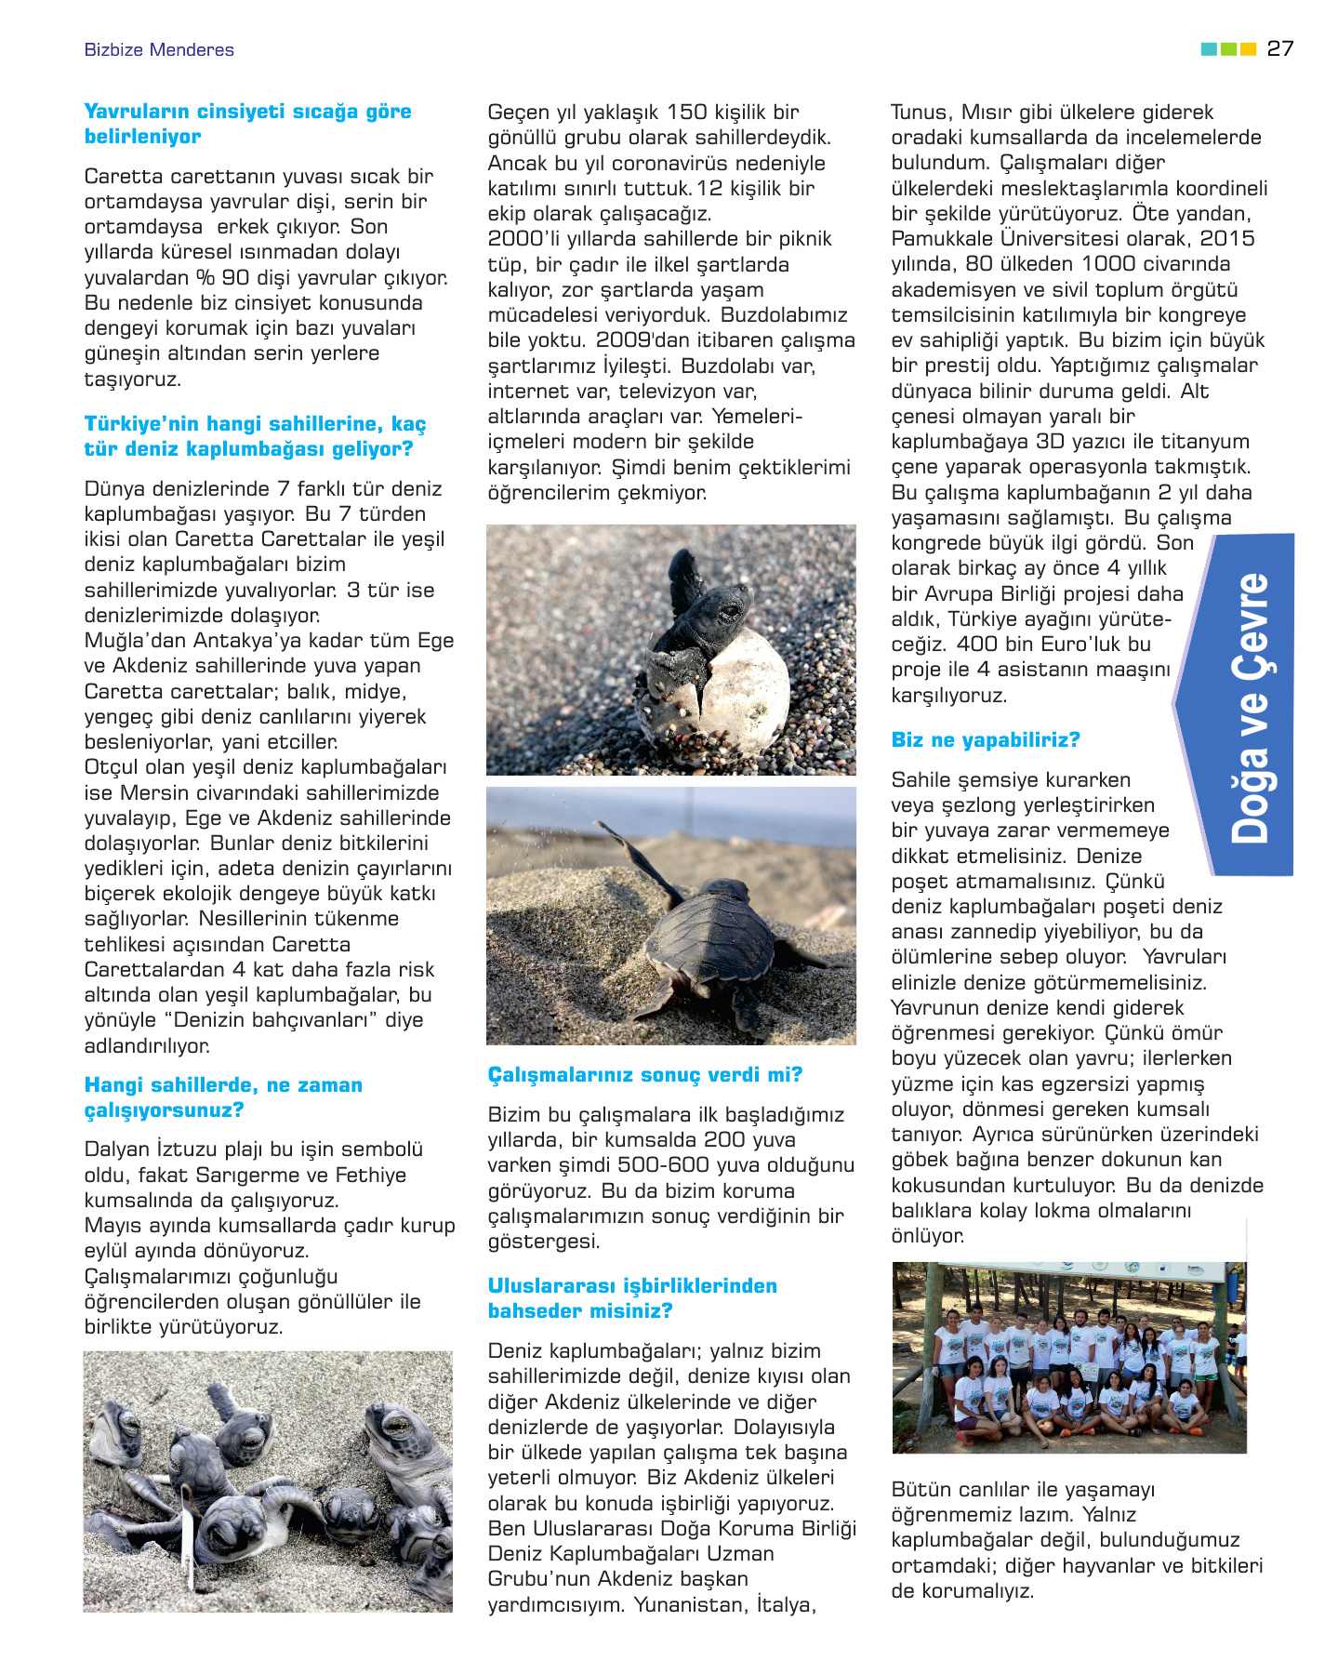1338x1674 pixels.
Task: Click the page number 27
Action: [1279, 48]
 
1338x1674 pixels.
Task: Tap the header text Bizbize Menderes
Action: [159, 50]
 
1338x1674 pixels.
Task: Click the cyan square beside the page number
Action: [1209, 48]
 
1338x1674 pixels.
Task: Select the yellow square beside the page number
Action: [1249, 48]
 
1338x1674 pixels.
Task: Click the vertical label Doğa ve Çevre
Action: [1251, 707]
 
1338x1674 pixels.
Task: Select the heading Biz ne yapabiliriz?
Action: [986, 740]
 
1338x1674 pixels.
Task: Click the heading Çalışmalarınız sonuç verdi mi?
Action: [645, 1075]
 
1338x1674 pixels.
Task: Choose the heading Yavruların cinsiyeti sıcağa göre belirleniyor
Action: [247, 124]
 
